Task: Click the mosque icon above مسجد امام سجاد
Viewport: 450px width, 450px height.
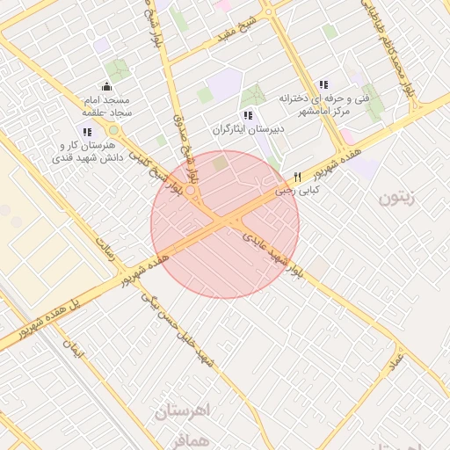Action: click(x=107, y=86)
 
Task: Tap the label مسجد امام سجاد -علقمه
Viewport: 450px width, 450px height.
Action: click(x=106, y=105)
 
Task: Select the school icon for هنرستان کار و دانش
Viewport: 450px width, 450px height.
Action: click(x=86, y=132)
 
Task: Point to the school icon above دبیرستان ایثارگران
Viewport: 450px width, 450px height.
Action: click(x=249, y=115)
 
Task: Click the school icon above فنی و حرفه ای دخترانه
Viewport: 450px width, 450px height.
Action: click(x=323, y=84)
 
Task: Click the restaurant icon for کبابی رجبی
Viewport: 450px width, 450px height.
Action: click(x=298, y=176)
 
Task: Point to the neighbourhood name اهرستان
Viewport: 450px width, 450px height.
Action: click(x=184, y=410)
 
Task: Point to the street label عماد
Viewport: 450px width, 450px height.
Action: click(x=398, y=359)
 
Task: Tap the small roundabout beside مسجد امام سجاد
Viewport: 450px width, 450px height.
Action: click(x=113, y=130)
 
